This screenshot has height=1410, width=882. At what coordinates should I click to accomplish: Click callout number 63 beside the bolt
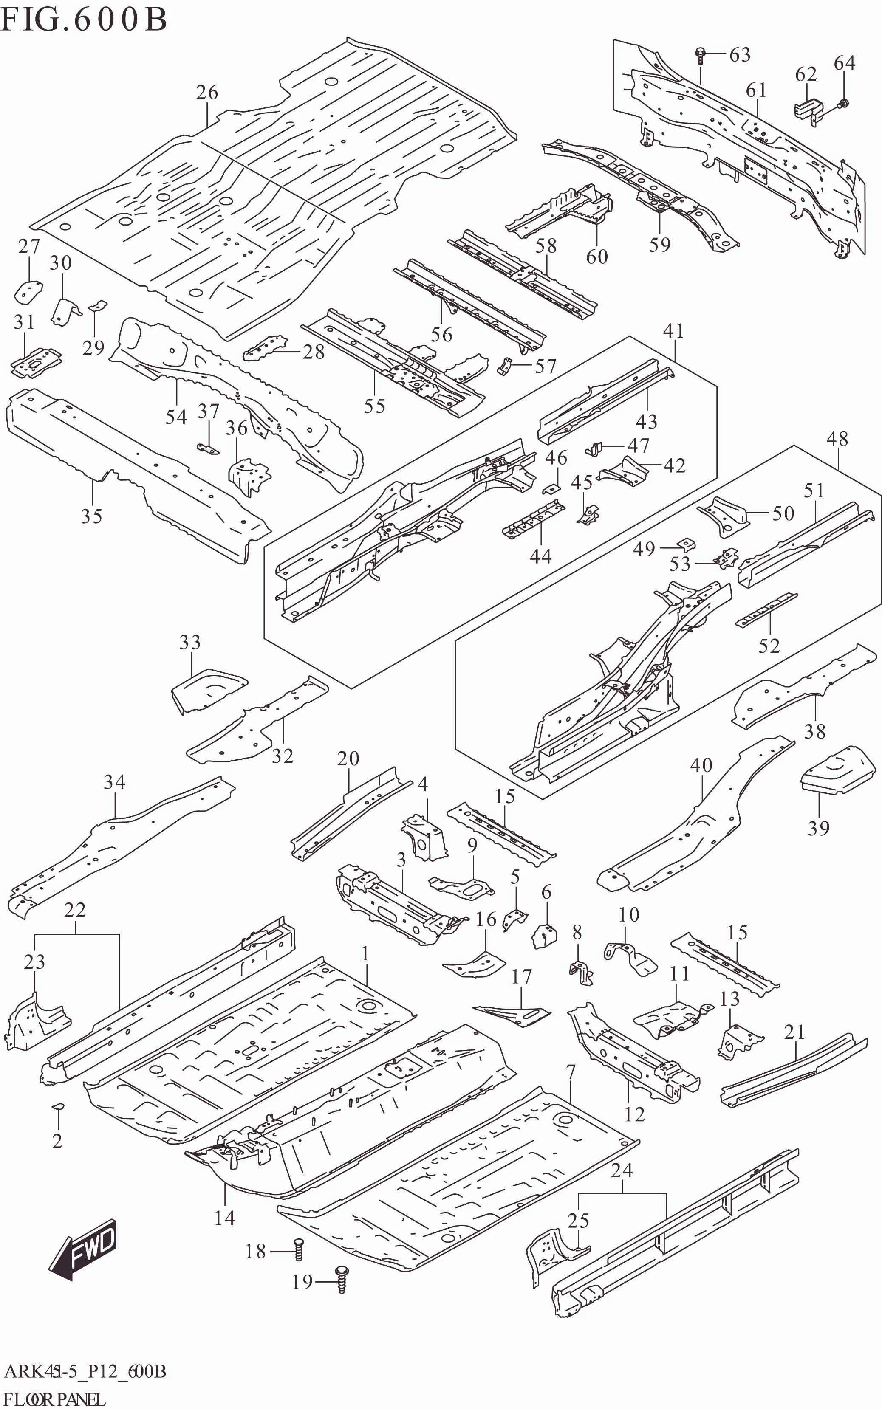pyautogui.click(x=740, y=55)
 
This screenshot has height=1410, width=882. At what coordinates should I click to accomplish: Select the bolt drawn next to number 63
pyautogui.click(x=701, y=56)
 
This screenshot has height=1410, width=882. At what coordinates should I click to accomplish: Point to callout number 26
pyautogui.click(x=206, y=92)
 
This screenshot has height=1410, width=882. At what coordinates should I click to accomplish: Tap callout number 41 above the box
pyautogui.click(x=674, y=331)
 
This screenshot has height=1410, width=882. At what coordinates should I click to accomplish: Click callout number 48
pyautogui.click(x=837, y=439)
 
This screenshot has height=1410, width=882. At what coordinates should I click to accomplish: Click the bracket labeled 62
pyautogui.click(x=808, y=110)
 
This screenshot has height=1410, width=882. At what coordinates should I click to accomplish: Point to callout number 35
pyautogui.click(x=92, y=516)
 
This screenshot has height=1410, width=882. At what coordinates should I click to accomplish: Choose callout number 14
pyautogui.click(x=225, y=1218)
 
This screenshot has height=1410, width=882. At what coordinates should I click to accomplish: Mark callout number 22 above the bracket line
pyautogui.click(x=75, y=910)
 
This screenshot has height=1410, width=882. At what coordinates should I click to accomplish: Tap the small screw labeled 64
pyautogui.click(x=842, y=104)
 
